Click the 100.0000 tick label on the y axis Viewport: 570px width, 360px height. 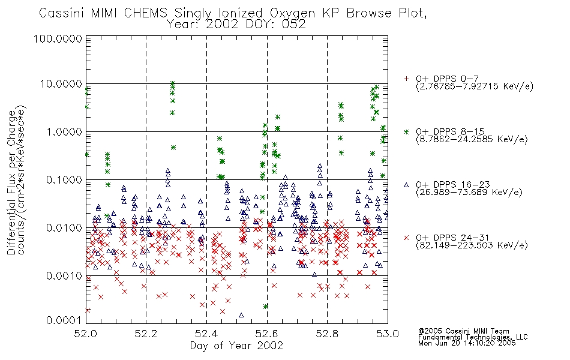coord(58,38)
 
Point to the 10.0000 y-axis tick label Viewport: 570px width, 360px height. coord(61,84)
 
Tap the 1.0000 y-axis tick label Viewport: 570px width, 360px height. coord(64,131)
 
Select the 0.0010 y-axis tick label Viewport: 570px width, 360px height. coord(64,276)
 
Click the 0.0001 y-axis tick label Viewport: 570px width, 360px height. coord(64,320)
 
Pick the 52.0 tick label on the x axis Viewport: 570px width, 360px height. coord(86,334)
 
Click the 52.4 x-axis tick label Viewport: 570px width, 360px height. coord(206,334)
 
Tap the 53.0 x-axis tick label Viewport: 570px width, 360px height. coord(388,334)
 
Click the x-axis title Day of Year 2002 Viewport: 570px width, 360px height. coord(236,346)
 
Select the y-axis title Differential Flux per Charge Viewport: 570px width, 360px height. coord(11,182)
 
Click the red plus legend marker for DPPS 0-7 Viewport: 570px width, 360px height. coord(406,79)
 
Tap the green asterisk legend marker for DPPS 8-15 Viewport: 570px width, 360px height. coord(406,131)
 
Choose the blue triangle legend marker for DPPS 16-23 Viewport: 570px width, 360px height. coord(406,185)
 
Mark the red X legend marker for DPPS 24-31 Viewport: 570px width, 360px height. coord(406,238)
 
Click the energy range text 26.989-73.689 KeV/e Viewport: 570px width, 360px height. coord(469,193)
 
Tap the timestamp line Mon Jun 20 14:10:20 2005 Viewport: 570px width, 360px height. coord(467,343)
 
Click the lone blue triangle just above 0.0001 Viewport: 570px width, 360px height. coord(241,315)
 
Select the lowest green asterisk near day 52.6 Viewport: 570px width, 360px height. coord(266,306)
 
